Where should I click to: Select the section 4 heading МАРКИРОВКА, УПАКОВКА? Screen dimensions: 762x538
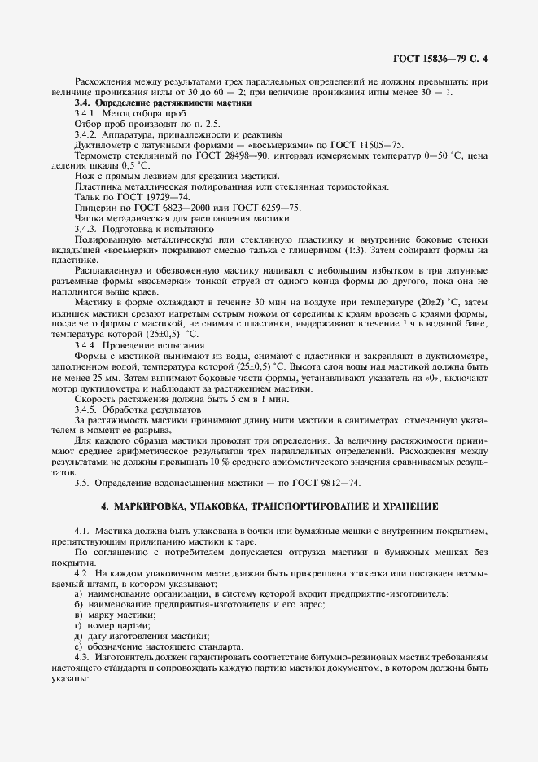click(x=269, y=506)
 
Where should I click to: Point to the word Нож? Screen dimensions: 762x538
click(x=84, y=176)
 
